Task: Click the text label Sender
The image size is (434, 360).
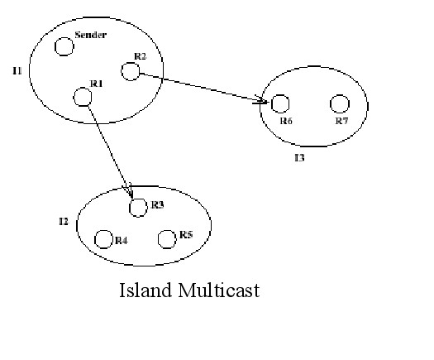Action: click(x=91, y=35)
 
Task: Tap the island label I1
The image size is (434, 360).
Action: click(x=17, y=71)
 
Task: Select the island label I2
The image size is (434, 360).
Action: click(x=64, y=222)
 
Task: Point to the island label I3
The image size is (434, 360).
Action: click(x=299, y=158)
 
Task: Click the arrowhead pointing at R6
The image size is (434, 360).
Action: click(x=261, y=100)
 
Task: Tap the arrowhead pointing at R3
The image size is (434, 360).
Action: click(x=129, y=191)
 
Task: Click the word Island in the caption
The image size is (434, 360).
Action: click(x=145, y=290)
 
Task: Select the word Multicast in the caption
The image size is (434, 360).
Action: click(x=219, y=290)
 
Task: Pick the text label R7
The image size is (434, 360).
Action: click(x=342, y=121)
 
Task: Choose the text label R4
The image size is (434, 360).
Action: click(x=122, y=241)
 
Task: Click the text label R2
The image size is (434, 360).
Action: click(x=140, y=56)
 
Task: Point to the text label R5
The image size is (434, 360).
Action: click(x=186, y=235)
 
